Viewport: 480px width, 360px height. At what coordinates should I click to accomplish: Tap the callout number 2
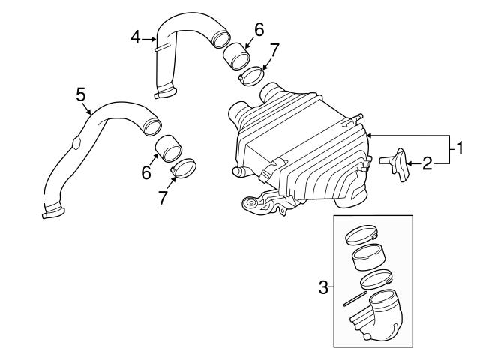click(426, 162)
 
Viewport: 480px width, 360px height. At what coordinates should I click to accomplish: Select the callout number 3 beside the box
click(324, 287)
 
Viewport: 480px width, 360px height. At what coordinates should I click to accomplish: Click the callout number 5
click(81, 94)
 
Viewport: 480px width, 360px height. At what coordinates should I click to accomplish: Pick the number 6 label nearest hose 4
click(259, 30)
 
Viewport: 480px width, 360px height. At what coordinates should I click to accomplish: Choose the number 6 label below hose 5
click(147, 172)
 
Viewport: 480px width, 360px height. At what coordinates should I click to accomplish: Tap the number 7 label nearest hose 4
click(274, 51)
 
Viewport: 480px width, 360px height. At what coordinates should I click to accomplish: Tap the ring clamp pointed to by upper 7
click(250, 76)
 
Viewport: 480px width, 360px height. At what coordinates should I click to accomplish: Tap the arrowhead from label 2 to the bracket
click(407, 162)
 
